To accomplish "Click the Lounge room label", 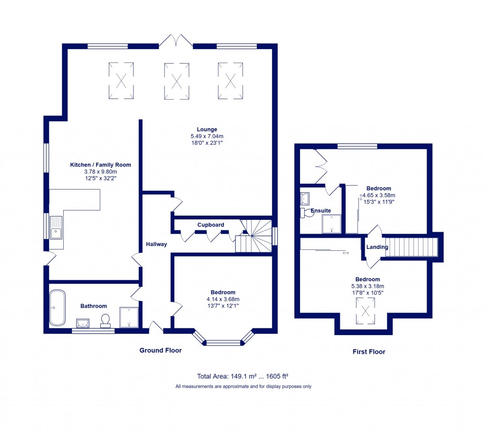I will pyautogui.click(x=207, y=129).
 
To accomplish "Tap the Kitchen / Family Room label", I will pyautogui.click(x=100, y=165).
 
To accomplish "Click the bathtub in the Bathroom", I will pyautogui.click(x=58, y=307).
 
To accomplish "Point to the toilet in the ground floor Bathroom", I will pyautogui.click(x=106, y=320).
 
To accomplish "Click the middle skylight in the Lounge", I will pyautogui.click(x=176, y=81).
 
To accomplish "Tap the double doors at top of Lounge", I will pyautogui.click(x=176, y=42).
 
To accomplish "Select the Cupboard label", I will pyautogui.click(x=211, y=225).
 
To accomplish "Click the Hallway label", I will pyautogui.click(x=156, y=244).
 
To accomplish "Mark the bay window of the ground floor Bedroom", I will pyautogui.click(x=224, y=341).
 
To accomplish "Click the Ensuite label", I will pyautogui.click(x=321, y=210).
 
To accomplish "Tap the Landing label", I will pyautogui.click(x=377, y=247).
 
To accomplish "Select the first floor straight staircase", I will pyautogui.click(x=411, y=247).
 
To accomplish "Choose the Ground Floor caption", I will pyautogui.click(x=160, y=350).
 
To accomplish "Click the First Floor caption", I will pyautogui.click(x=369, y=352).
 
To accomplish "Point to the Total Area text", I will pyautogui.click(x=243, y=375).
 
